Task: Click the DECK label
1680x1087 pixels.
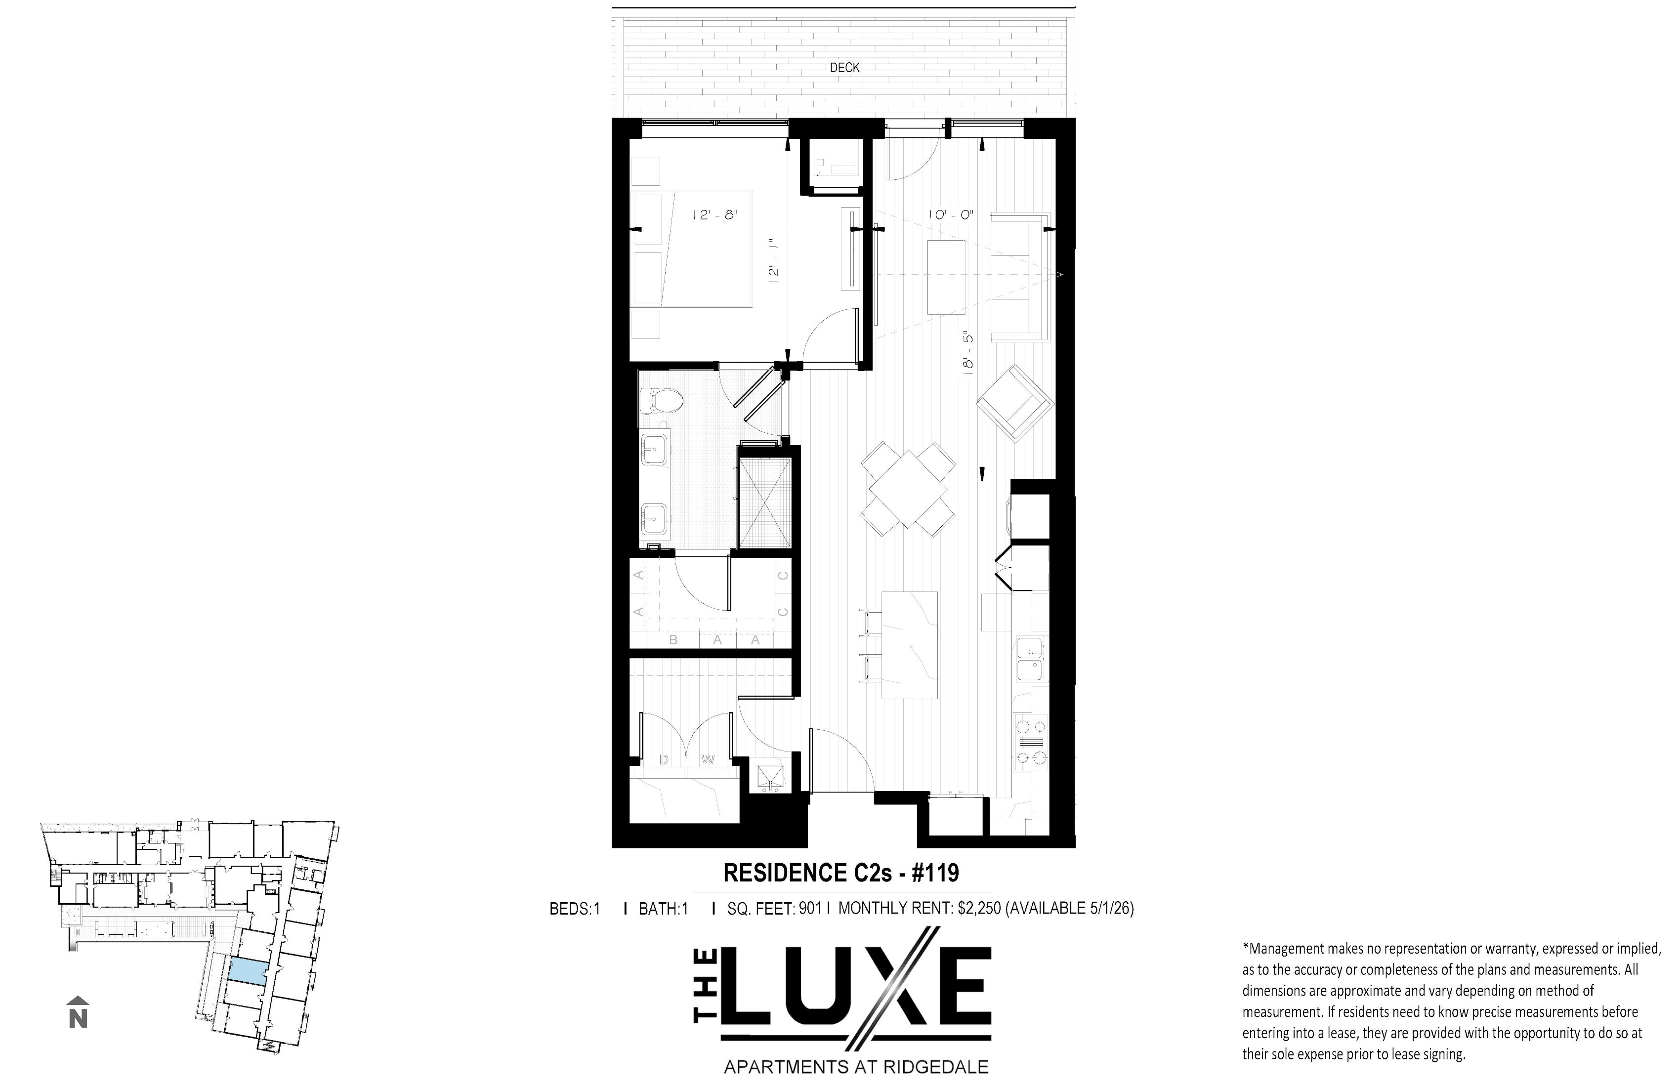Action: point(844,68)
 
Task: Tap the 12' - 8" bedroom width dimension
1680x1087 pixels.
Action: point(714,214)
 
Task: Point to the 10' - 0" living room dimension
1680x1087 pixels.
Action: point(952,214)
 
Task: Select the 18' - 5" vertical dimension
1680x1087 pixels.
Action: point(968,352)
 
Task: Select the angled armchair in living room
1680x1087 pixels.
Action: point(1015,404)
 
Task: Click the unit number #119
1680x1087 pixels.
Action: point(935,873)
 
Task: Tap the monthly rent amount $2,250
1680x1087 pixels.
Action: point(979,909)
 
